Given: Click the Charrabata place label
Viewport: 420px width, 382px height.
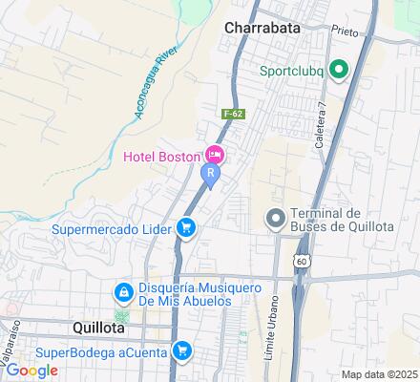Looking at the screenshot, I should [262, 28].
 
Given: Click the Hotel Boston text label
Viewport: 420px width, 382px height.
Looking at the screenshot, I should [162, 156].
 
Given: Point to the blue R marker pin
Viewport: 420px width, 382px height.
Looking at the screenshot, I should [210, 175].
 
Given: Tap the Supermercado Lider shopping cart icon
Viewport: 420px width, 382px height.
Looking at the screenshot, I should [188, 227].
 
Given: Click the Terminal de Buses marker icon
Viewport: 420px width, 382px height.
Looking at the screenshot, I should [275, 220].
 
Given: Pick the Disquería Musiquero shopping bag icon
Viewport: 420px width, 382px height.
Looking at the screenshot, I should [123, 292].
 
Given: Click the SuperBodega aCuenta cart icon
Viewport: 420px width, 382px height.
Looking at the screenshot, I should [180, 350].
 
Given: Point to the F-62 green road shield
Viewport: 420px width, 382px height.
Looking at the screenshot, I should [229, 114].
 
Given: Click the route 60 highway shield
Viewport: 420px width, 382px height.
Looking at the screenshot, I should [302, 260].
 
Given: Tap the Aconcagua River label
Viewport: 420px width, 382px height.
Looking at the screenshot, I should [146, 87].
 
